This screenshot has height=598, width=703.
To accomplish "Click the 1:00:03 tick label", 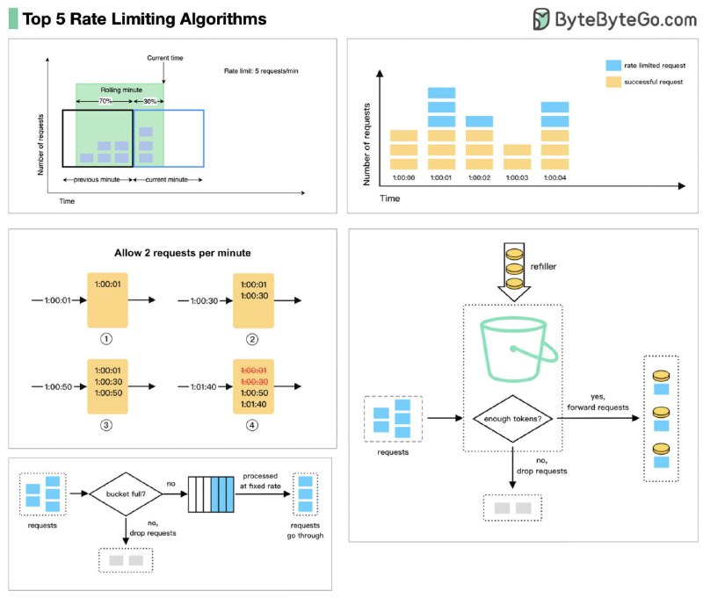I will click(517, 178).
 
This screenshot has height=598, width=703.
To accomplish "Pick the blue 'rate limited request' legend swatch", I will click(614, 66).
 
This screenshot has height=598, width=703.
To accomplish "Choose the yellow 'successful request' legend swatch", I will click(614, 82).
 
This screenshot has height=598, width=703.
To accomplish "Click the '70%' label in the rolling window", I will click(104, 102).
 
